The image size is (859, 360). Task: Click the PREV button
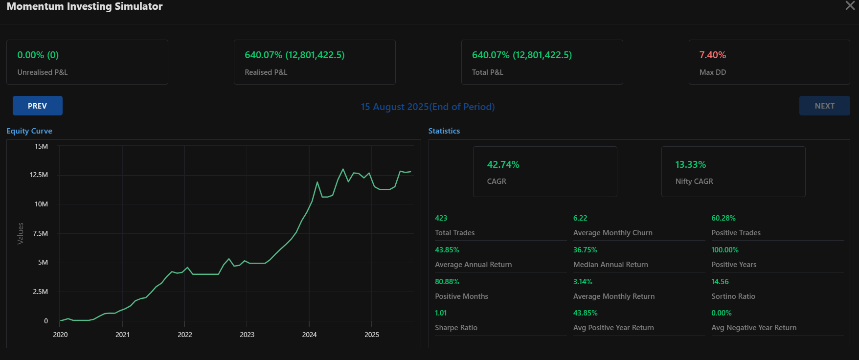(x=38, y=106)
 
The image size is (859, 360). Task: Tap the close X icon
(x=850, y=5)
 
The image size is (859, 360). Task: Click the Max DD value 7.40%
(x=712, y=55)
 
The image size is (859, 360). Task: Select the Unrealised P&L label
(x=43, y=72)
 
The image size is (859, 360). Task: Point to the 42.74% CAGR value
(x=503, y=165)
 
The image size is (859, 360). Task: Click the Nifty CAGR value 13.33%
(x=690, y=165)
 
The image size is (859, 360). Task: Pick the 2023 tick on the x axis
(x=247, y=335)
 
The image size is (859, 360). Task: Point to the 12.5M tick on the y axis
(x=39, y=175)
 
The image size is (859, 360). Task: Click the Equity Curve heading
(x=29, y=131)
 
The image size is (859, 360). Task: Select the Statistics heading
(x=444, y=131)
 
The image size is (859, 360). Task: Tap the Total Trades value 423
(x=441, y=218)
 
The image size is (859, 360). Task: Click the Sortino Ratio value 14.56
(x=720, y=282)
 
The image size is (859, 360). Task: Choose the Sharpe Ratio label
(x=456, y=328)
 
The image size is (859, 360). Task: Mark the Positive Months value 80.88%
(x=447, y=282)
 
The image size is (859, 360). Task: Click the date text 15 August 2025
(x=394, y=107)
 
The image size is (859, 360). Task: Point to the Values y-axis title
(x=21, y=233)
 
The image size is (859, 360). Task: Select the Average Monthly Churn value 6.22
(x=580, y=218)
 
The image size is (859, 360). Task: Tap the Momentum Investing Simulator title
(x=85, y=6)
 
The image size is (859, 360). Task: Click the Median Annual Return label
(x=610, y=265)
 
